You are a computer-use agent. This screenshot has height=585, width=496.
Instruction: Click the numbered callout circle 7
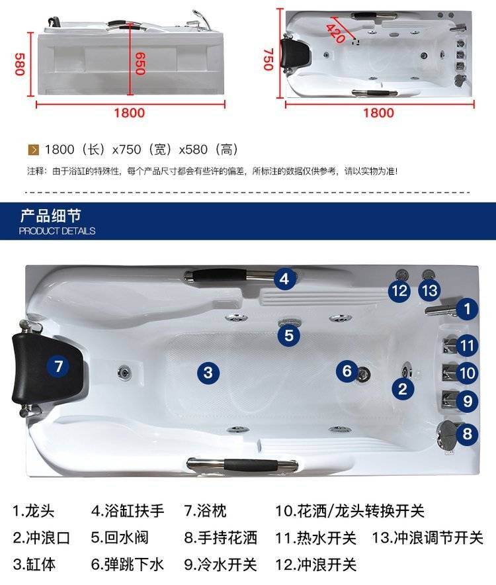point(58,366)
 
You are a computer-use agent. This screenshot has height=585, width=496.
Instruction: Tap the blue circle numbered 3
point(208,373)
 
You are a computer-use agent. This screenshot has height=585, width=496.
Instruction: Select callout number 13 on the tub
point(430,291)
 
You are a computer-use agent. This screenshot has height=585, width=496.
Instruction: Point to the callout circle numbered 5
point(288,335)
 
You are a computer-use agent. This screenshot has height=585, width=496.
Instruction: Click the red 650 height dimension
point(140,64)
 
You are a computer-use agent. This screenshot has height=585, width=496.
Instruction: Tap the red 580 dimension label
point(20,64)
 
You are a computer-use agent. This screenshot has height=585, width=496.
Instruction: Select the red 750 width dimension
point(268,60)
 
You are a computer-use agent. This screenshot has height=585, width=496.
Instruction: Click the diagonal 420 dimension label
point(336,34)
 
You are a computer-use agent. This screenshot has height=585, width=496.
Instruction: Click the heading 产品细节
point(51,215)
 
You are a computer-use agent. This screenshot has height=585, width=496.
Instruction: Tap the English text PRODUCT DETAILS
point(57,231)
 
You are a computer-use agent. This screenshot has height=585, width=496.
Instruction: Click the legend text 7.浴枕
point(205,511)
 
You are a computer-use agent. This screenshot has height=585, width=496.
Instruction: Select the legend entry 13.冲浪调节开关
point(427,537)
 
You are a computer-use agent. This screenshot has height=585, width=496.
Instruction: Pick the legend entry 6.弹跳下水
point(128,564)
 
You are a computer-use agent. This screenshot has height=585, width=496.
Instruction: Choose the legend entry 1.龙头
point(34,511)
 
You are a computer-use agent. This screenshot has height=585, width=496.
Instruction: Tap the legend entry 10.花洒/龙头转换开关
point(350,511)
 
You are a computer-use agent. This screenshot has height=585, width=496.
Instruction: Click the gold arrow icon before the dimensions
point(33,150)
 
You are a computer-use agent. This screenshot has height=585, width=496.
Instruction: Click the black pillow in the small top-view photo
point(296,54)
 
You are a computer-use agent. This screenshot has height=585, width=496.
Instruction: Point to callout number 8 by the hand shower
point(467,434)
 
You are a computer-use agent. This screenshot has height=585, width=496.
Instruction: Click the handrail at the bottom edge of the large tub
point(242,465)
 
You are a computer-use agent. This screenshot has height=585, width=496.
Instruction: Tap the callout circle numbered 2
point(403,389)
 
